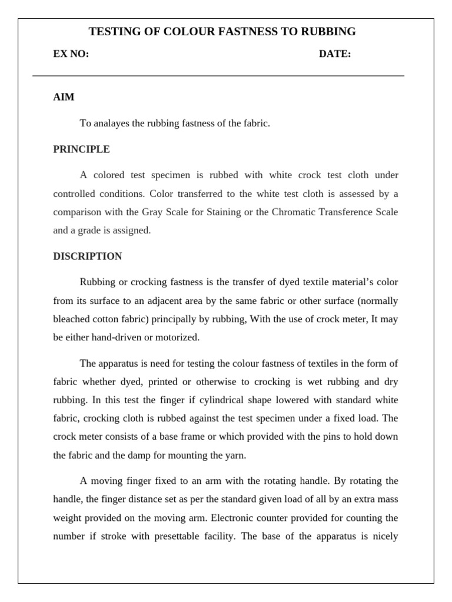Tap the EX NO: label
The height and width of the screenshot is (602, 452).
(x=71, y=54)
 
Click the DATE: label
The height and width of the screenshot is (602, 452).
(x=335, y=54)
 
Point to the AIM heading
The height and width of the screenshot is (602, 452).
(x=64, y=97)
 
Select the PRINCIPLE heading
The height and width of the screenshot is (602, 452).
(x=81, y=149)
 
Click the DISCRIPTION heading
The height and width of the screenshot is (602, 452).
(x=88, y=256)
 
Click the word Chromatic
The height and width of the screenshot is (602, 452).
(x=293, y=212)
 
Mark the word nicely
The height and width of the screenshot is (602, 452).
(x=384, y=536)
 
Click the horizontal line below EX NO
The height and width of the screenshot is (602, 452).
(x=218, y=76)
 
